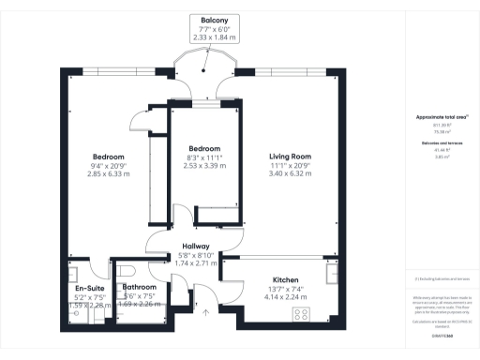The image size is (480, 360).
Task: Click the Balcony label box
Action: coord(216,28)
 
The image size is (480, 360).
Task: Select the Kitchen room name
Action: coord(285,279)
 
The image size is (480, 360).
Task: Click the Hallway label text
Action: coord(194,246)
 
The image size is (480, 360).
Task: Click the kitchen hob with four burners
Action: coord(303,314)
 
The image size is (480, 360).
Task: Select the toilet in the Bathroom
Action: coord(127,273)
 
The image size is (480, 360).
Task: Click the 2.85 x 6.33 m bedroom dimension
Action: coord(108,173)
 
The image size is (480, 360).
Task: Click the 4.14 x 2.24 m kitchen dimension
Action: coord(285,297)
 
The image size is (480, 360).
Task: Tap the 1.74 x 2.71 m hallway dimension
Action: coord(194,263)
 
